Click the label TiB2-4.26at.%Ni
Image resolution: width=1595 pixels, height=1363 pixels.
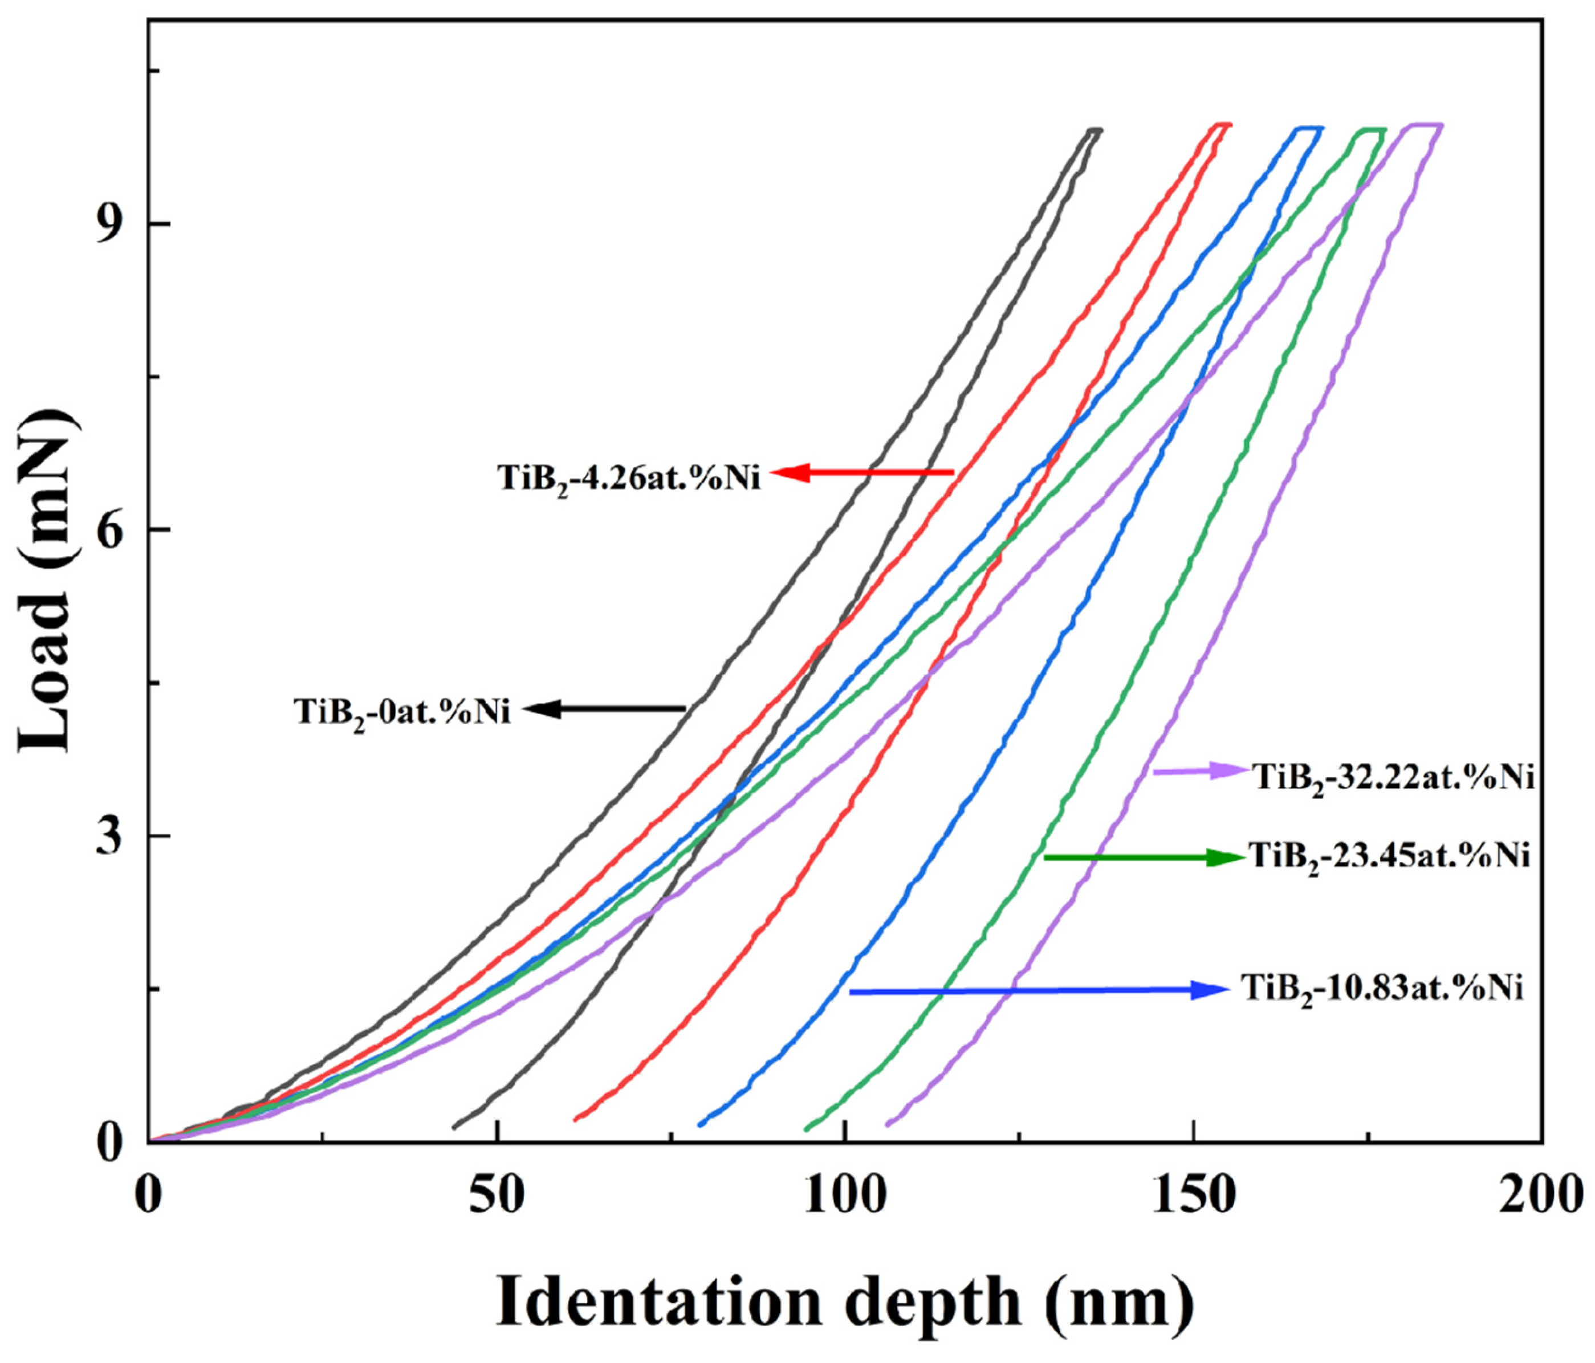click(x=629, y=478)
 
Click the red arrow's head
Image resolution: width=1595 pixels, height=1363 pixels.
click(x=787, y=472)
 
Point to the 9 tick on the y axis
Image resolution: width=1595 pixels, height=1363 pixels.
click(x=112, y=225)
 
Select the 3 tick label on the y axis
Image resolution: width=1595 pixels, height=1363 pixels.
click(x=112, y=836)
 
